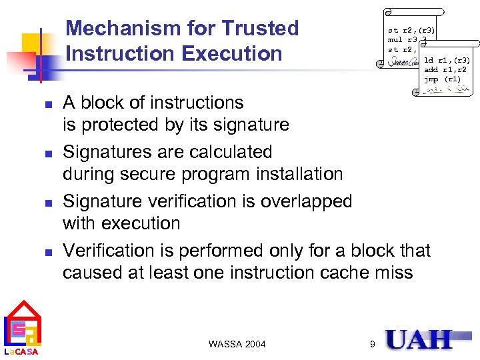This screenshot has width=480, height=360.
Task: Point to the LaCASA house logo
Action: [x=23, y=327]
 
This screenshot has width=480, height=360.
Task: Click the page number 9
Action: [x=372, y=344]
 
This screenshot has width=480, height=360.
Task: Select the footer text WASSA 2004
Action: [x=237, y=344]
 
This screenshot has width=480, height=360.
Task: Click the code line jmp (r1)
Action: [x=441, y=79]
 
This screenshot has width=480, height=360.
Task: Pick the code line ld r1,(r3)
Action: [x=447, y=61]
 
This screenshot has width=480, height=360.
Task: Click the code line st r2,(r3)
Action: [x=411, y=30]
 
